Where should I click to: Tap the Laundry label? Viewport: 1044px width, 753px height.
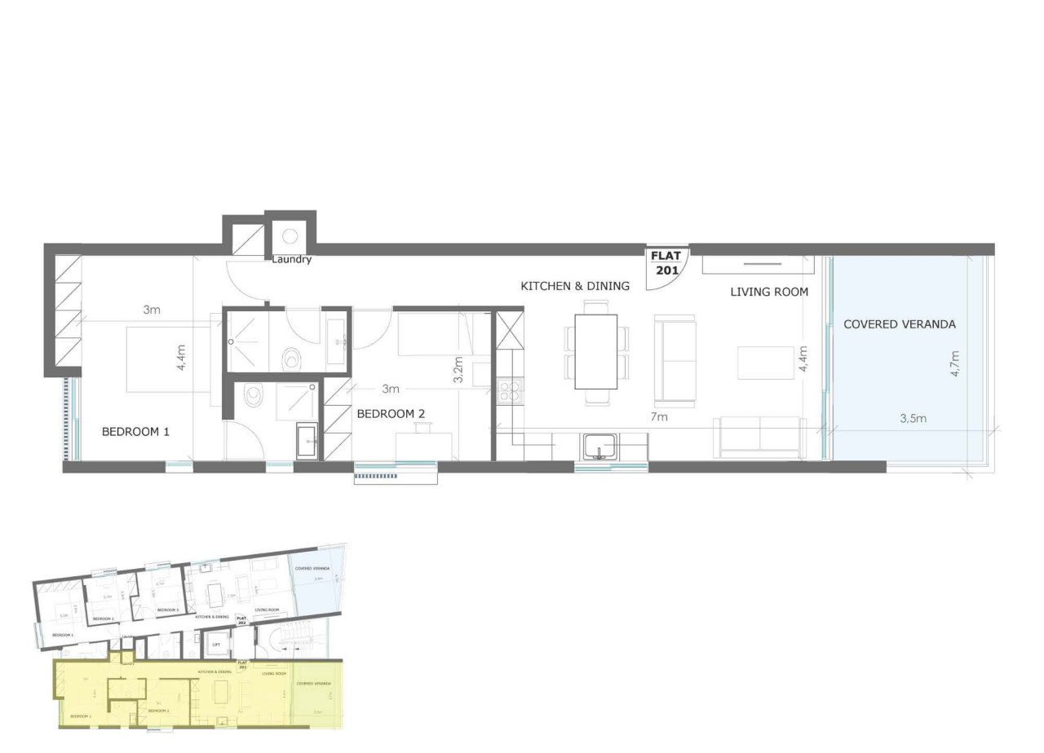pyautogui.click(x=292, y=260)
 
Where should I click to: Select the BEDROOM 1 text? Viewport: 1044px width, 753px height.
pyautogui.click(x=135, y=432)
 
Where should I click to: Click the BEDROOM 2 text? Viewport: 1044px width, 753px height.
pyautogui.click(x=391, y=414)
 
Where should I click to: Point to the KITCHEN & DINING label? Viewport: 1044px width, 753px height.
pyautogui.click(x=575, y=286)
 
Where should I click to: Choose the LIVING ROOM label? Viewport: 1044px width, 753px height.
pyautogui.click(x=769, y=291)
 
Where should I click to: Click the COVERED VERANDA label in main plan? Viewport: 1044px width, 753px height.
pyautogui.click(x=900, y=324)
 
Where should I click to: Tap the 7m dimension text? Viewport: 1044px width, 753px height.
pyautogui.click(x=659, y=417)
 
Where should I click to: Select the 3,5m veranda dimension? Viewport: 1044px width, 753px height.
pyautogui.click(x=913, y=419)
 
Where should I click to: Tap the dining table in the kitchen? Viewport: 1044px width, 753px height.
pyautogui.click(x=596, y=352)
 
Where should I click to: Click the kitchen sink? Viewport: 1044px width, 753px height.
pyautogui.click(x=599, y=447)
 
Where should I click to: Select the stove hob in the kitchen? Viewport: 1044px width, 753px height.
pyautogui.click(x=509, y=392)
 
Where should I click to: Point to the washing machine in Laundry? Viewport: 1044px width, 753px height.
pyautogui.click(x=290, y=236)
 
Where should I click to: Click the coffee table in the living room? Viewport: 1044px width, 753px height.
pyautogui.click(x=766, y=363)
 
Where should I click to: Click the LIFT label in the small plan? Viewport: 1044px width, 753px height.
pyautogui.click(x=216, y=645)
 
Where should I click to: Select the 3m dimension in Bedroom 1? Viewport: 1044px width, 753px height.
pyautogui.click(x=152, y=310)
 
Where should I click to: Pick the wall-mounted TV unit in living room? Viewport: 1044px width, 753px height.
pyautogui.click(x=758, y=265)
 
